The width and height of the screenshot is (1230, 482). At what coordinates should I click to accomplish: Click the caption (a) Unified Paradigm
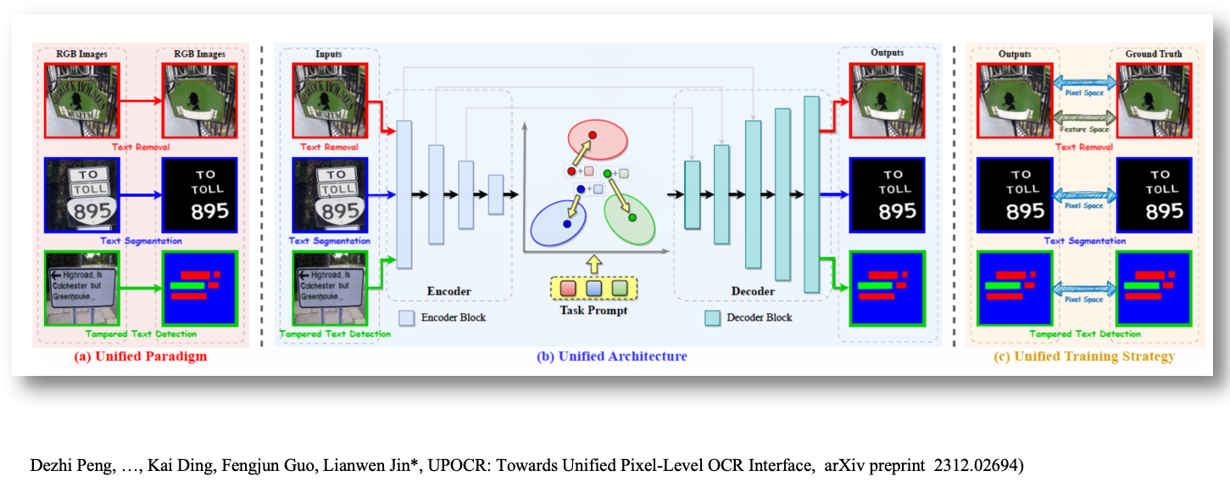tap(140, 356)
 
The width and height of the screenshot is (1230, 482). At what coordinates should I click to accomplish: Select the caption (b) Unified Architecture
tap(611, 356)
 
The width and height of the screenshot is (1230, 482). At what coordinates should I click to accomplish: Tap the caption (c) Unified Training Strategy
tap(1084, 356)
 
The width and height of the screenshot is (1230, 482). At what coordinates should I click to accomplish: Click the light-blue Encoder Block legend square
tap(407, 317)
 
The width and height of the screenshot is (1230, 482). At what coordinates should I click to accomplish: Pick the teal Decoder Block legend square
tap(713, 317)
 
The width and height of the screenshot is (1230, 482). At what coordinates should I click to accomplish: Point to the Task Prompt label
tap(593, 310)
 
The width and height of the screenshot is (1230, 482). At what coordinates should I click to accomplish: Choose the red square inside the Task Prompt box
tap(567, 289)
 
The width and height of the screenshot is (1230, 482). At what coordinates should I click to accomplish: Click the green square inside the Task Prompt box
tap(620, 289)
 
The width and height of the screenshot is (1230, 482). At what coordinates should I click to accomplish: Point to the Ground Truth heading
tap(1153, 54)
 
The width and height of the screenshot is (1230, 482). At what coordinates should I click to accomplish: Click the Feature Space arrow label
tap(1084, 129)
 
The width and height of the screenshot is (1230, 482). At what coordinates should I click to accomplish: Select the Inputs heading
tap(328, 54)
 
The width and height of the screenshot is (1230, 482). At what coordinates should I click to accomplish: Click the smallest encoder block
tap(496, 194)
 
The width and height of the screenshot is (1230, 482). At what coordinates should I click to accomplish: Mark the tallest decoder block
tap(812, 194)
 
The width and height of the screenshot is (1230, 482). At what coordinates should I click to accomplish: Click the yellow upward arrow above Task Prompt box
tap(593, 263)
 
